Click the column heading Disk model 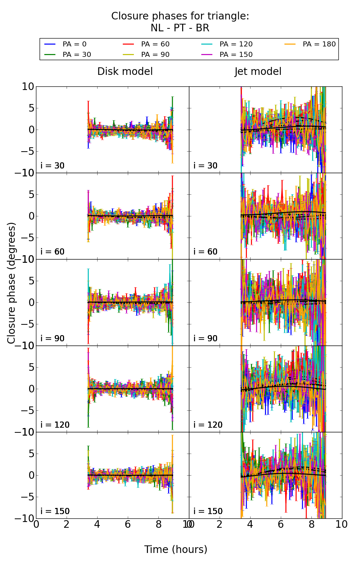[x=125, y=72]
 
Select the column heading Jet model [x=258, y=72]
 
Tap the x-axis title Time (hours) [x=176, y=549]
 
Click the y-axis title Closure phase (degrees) [x=12, y=283]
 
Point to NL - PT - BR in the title [x=180, y=28]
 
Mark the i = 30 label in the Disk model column [x=53, y=166]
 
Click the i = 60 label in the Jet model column [x=206, y=252]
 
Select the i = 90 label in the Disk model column [x=53, y=338]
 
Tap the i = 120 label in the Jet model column [x=208, y=425]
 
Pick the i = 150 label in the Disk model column [x=55, y=511]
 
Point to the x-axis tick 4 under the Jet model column [x=250, y=524]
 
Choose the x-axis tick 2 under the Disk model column [x=67, y=524]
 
